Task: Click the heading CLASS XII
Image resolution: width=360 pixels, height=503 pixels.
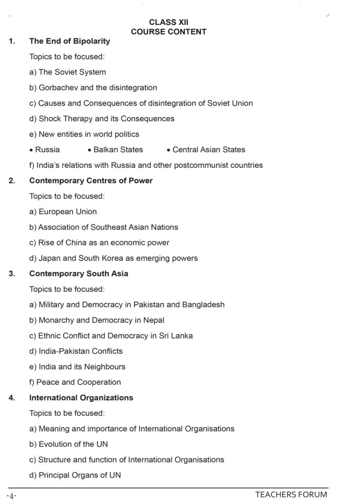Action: pos(169,22)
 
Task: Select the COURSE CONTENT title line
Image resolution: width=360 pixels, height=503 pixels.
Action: pos(169,32)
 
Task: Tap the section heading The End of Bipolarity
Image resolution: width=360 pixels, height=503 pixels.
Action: pos(69,41)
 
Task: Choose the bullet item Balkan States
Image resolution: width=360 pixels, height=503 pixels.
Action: pos(118,150)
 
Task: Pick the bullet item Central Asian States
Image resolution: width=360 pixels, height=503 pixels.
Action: pos(209,150)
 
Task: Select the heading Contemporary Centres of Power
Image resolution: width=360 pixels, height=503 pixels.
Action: pos(91,181)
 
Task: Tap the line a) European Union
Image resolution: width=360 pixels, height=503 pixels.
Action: pos(63,211)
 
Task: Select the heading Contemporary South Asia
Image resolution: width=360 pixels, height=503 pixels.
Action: pos(79,273)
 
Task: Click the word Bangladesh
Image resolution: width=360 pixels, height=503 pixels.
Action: pos(203,304)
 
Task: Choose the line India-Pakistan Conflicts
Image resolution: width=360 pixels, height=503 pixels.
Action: pos(76,351)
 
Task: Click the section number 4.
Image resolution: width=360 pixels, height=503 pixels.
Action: pos(12,398)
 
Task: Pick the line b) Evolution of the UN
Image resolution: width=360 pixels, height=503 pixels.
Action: pos(68,444)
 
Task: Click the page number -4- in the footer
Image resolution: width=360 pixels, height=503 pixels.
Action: pos(12,496)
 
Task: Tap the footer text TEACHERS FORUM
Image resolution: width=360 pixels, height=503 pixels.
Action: pos(291,494)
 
